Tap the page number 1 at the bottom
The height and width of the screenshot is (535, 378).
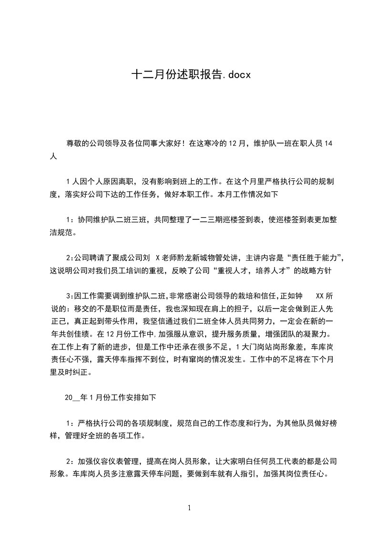point(189,508)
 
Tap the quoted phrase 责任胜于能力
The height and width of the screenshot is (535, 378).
point(312,258)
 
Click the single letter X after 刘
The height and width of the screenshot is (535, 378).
point(157,258)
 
